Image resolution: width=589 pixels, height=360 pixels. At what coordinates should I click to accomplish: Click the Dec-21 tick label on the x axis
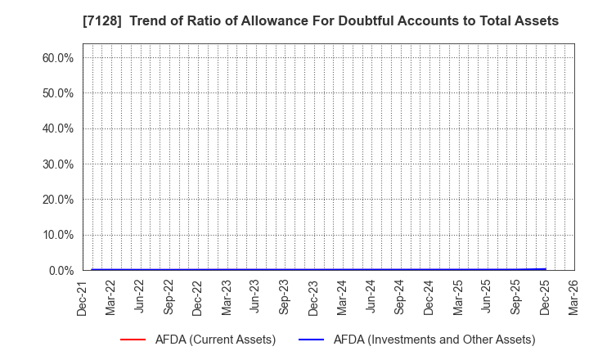82,297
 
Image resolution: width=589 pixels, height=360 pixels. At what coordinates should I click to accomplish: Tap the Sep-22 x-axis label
169,297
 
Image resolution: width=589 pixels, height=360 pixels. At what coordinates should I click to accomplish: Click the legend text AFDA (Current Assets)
215,340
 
